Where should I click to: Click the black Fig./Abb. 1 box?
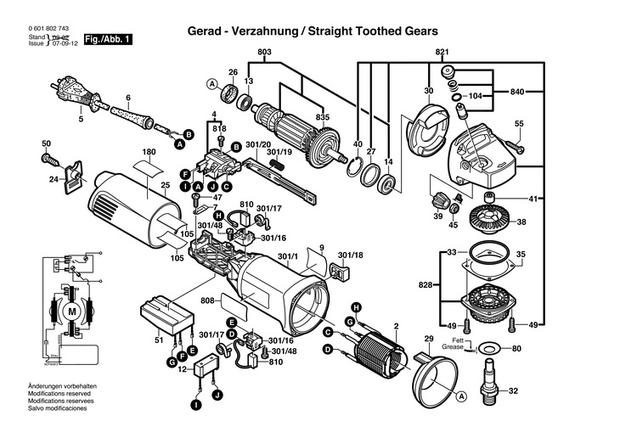pyautogui.click(x=108, y=40)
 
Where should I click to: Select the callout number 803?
pyautogui.click(x=264, y=53)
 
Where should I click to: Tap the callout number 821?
pyautogui.click(x=442, y=53)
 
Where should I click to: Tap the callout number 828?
pyautogui.click(x=426, y=285)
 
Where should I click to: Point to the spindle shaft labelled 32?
pyautogui.click(x=490, y=379)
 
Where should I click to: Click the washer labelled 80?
pyautogui.click(x=489, y=349)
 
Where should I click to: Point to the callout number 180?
pyautogui.click(x=149, y=154)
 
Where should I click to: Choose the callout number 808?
pyautogui.click(x=207, y=300)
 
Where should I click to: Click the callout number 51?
pyautogui.click(x=159, y=340)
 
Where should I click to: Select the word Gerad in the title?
pyautogui.click(x=204, y=31)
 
